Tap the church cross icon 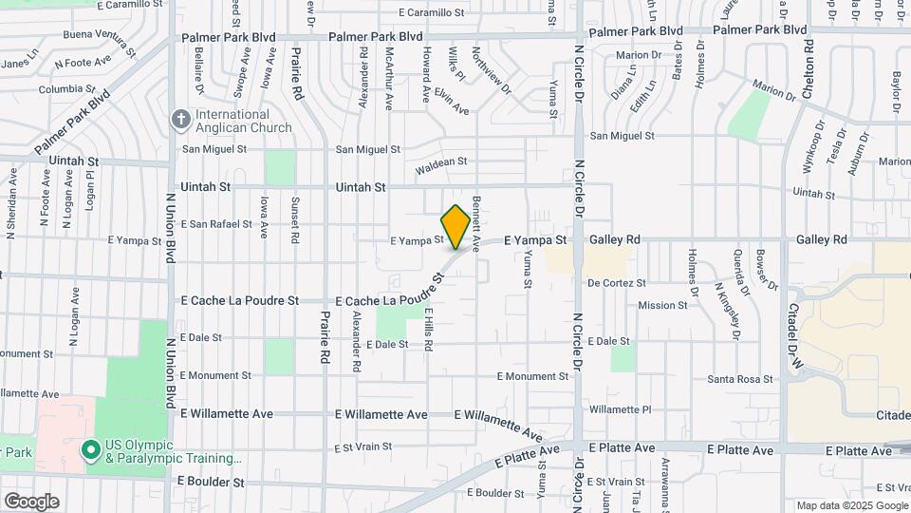(x=179, y=120)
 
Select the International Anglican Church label (x=244, y=120)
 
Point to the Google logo (x=30, y=502)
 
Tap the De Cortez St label (x=617, y=283)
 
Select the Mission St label (x=662, y=305)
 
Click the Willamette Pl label (x=620, y=409)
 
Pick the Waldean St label (x=441, y=162)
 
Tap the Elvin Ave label (x=452, y=104)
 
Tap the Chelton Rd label (x=808, y=57)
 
